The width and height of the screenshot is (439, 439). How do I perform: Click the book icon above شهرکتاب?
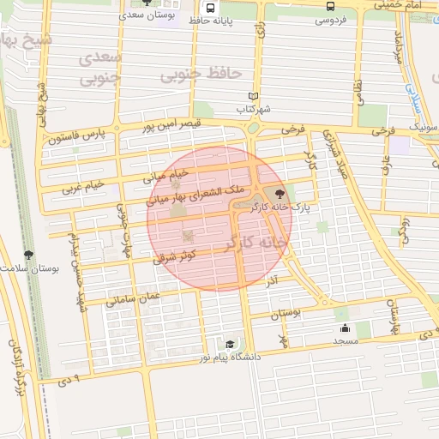pyautogui.click(x=252, y=96)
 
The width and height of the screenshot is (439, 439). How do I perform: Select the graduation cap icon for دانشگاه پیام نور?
pyautogui.click(x=228, y=345)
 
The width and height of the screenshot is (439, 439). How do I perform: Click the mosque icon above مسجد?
pyautogui.click(x=345, y=328)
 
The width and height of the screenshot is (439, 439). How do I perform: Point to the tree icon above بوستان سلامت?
pyautogui.click(x=29, y=255)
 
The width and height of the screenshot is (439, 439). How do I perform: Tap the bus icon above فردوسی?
pyautogui.click(x=331, y=6)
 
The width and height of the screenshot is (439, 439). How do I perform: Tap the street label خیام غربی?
pyautogui.click(x=84, y=185)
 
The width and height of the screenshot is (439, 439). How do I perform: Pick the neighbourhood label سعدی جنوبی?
pyautogui.click(x=101, y=68)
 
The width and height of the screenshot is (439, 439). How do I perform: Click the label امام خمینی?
pyautogui.click(x=403, y=5)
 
